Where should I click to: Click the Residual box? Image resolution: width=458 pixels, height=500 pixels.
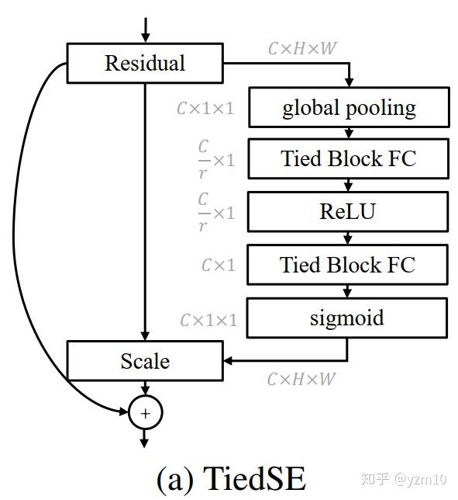[x=145, y=63]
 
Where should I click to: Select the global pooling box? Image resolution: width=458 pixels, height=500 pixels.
[x=348, y=107]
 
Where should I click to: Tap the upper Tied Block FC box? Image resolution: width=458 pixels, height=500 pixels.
[x=348, y=158]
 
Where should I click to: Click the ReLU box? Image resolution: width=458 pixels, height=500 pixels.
[x=348, y=210]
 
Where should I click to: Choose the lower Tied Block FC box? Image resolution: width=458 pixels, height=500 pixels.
[x=348, y=265]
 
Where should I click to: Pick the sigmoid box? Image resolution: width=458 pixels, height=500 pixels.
[x=348, y=318]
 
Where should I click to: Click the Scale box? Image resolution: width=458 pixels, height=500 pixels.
[x=145, y=361]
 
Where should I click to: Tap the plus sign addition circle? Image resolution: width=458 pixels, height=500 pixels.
[x=145, y=413]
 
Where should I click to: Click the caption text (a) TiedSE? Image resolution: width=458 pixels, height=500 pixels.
[x=231, y=479]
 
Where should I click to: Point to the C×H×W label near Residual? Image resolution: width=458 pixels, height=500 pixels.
[x=302, y=48]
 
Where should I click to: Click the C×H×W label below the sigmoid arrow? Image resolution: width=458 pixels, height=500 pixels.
[x=301, y=379]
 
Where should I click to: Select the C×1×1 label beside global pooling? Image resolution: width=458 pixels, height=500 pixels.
[x=205, y=109]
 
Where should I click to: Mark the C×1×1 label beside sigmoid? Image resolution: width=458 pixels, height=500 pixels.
[x=208, y=320]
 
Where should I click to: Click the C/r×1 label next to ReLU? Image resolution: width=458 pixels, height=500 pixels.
[x=215, y=212]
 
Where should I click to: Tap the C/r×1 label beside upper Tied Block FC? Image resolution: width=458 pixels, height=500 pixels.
[x=215, y=159]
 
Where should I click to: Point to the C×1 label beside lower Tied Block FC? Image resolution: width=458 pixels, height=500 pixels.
[x=218, y=266]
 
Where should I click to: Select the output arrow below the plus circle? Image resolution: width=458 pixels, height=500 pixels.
[x=145, y=438]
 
